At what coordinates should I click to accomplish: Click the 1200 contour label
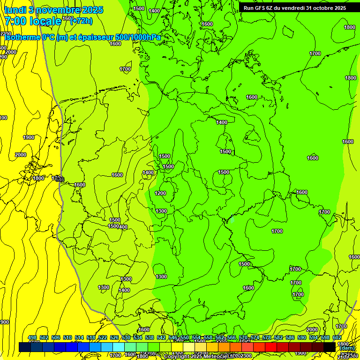[x=160, y=193]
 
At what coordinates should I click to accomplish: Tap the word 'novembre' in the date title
[x=59, y=10]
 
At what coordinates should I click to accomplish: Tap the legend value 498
[x=32, y=337]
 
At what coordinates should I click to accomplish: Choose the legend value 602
[x=337, y=337]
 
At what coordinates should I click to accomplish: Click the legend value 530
[x=126, y=337]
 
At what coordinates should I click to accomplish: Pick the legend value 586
[x=290, y=337]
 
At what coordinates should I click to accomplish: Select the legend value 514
[x=79, y=337]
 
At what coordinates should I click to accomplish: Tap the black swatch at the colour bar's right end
[x=330, y=347]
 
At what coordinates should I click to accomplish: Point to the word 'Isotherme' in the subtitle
[x=22, y=37]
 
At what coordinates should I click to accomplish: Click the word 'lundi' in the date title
[x=15, y=10]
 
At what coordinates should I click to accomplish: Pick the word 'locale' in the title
[x=45, y=21]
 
